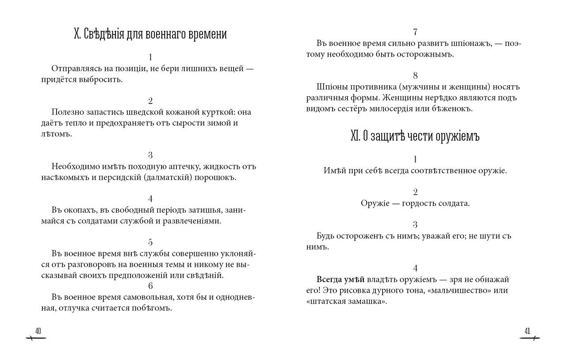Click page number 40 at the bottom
point(38,331)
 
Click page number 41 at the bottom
point(527,331)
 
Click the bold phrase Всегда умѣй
point(340,280)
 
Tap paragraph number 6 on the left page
point(151,285)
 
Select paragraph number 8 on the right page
point(415,75)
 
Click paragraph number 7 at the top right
point(415,32)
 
